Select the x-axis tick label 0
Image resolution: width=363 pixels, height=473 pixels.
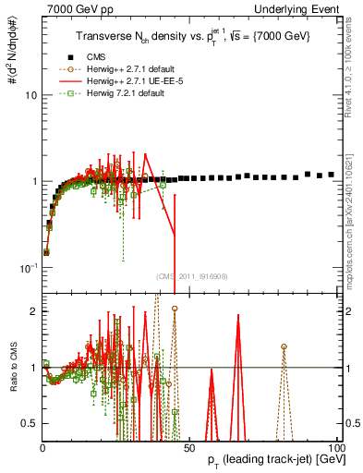tap(43, 446)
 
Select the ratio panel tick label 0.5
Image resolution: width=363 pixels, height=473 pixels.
tap(30, 423)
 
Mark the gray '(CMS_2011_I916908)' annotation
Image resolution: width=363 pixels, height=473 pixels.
tap(191, 275)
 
